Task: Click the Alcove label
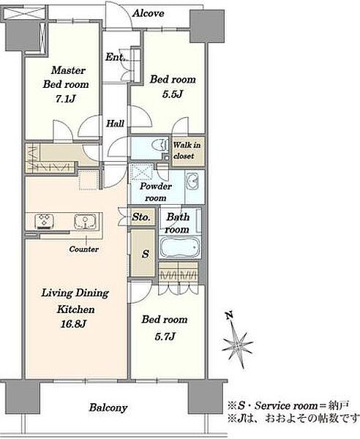pos(148,13)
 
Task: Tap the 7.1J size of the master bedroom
pos(66,99)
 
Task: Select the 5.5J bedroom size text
pos(173,94)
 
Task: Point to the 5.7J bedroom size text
pos(165,337)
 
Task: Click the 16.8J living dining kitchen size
pos(73,324)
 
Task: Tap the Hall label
pos(115,123)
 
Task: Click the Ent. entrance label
pos(115,57)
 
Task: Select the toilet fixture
pos(160,145)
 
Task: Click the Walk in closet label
pos(187,150)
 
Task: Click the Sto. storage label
pos(141,217)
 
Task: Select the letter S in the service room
pos(146,254)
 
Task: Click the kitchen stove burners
pos(45,221)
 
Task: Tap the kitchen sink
pos(86,221)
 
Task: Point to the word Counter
pos(83,249)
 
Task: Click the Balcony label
pos(108,408)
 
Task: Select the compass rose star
pos(237,346)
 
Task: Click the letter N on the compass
pos(230,315)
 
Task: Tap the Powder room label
pos(156,192)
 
